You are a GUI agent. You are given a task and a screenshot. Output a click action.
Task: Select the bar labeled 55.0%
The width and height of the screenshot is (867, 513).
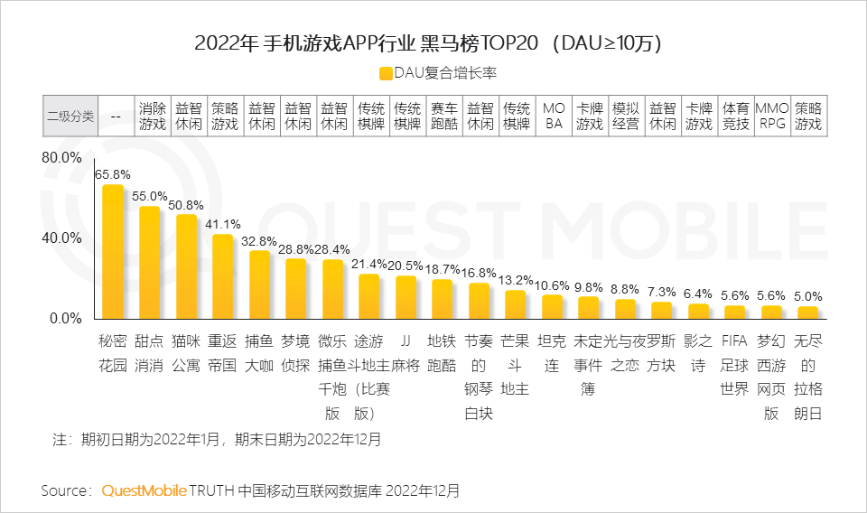point(149,262)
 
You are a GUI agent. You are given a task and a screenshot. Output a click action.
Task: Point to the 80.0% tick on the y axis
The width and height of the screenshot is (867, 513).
point(62,158)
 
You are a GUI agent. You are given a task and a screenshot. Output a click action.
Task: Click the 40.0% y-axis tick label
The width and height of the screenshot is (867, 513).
point(62,238)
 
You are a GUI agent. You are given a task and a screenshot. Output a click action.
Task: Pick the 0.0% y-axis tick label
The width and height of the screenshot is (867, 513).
point(66,318)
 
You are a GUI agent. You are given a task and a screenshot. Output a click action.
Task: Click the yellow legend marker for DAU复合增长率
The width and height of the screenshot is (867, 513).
point(387,73)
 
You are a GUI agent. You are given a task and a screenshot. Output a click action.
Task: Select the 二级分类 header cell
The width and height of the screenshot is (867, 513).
point(70,117)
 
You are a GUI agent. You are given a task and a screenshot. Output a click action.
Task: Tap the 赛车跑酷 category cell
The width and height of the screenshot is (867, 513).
point(444,117)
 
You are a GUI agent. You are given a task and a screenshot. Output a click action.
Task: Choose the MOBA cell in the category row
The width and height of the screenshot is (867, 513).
point(554,117)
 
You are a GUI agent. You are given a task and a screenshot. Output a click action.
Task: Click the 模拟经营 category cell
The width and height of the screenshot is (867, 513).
point(626,117)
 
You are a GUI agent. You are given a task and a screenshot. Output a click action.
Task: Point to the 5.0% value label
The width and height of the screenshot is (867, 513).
point(808,295)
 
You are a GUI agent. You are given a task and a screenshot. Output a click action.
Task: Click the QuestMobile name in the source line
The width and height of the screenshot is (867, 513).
point(144,490)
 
